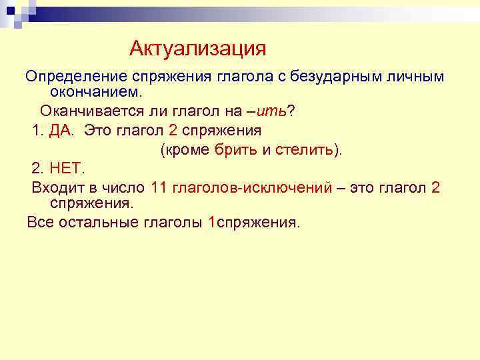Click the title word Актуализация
[x=198, y=48]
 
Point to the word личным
[x=417, y=77]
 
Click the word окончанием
[x=93, y=91]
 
